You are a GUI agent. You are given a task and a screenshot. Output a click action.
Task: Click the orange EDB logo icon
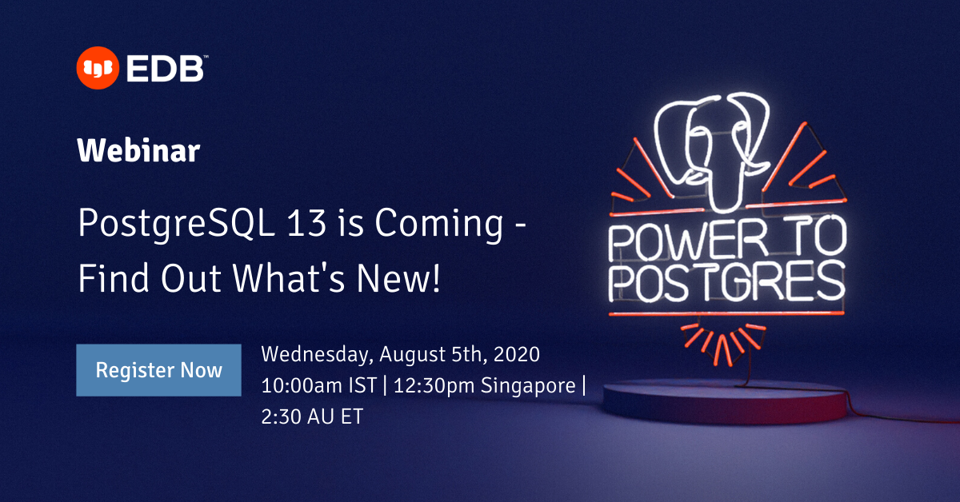pos(96,68)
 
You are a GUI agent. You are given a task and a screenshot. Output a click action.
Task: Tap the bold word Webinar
pos(138,149)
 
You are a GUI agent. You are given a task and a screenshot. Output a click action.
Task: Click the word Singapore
pos(528,385)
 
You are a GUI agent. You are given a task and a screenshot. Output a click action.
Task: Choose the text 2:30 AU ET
pos(312,416)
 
